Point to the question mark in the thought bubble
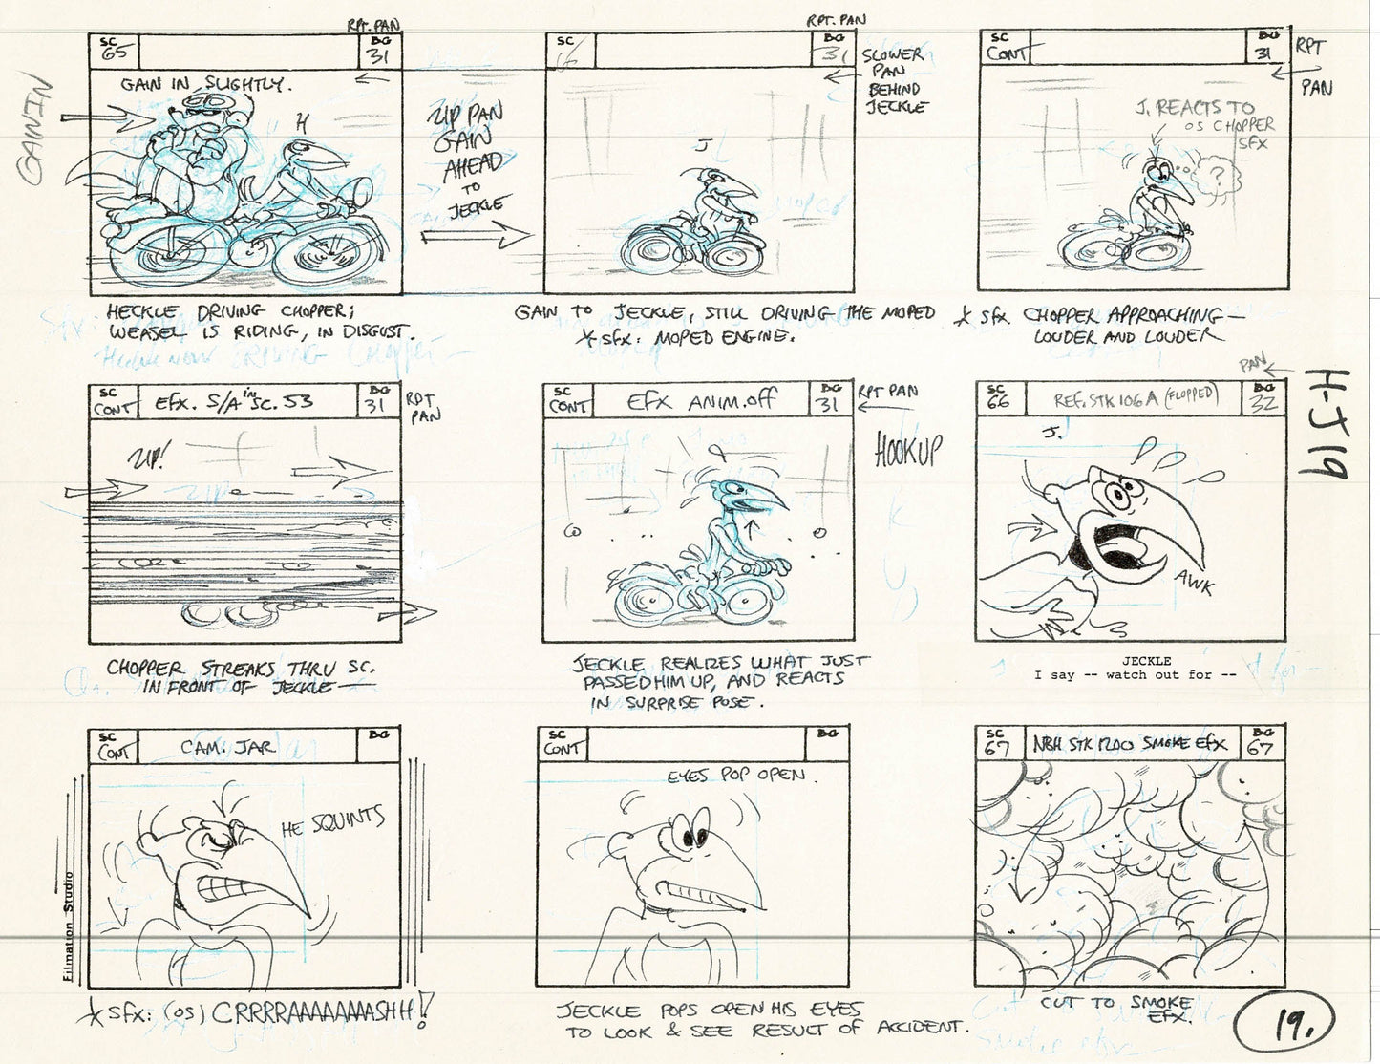(1216, 175)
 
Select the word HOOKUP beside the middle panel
(907, 450)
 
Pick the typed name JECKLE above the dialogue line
(1146, 660)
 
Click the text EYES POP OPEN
(736, 776)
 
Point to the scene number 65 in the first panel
(115, 53)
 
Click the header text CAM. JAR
(227, 748)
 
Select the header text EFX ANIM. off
(701, 402)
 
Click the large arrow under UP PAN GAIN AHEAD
(475, 235)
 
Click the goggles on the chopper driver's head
(203, 101)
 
